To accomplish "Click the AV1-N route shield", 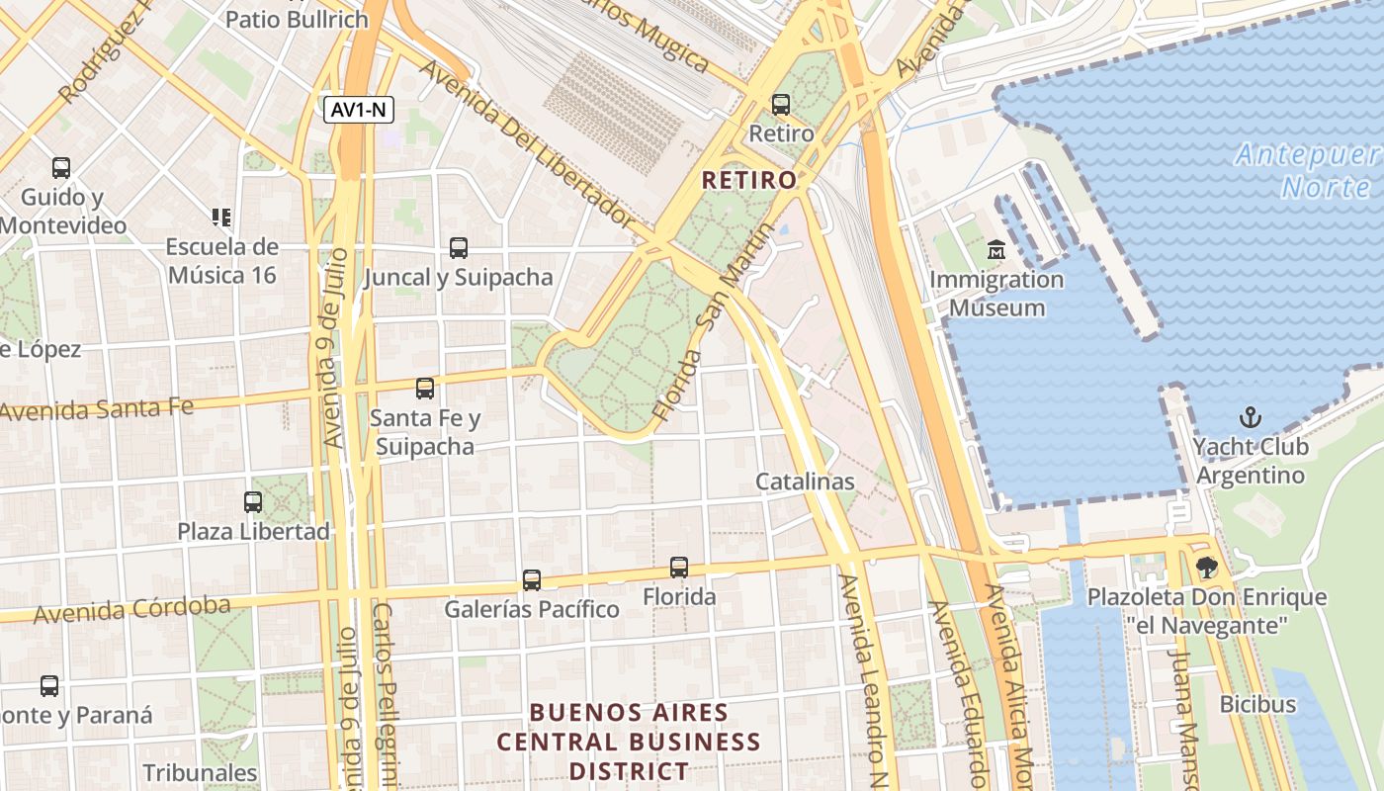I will click(359, 110).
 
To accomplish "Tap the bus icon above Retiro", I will click(781, 104).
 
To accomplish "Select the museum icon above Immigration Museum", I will click(995, 250).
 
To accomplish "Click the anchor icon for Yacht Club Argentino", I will click(1250, 417).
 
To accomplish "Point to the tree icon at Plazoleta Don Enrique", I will click(1206, 568).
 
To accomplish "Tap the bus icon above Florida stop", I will click(679, 568).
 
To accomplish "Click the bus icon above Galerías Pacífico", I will click(532, 579).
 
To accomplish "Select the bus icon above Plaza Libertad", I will click(253, 501).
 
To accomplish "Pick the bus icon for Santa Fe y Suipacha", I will click(425, 389).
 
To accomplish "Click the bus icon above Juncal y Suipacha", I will click(459, 247).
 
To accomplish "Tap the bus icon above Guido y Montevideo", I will click(61, 168).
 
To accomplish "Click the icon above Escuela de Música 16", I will click(221, 217).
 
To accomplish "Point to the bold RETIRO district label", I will click(748, 180).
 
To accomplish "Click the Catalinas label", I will click(805, 482).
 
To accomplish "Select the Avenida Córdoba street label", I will click(132, 610).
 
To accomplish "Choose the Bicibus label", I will click(1257, 704).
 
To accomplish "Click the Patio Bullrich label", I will click(297, 19).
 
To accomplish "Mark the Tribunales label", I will click(200, 772).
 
